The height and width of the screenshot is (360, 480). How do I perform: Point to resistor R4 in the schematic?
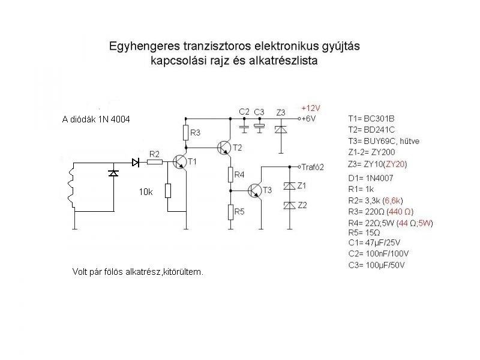230,175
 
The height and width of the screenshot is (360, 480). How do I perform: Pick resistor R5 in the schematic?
230,211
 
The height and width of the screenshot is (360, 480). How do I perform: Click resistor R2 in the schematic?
155,161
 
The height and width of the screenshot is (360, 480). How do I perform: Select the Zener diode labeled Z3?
279,129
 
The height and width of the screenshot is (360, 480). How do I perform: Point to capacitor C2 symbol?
244,128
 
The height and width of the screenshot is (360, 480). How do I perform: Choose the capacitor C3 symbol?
260,127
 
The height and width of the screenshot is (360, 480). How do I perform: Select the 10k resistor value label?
146,192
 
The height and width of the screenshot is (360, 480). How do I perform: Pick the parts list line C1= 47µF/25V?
376,243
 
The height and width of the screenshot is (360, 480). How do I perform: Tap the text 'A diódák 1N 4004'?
96,119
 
